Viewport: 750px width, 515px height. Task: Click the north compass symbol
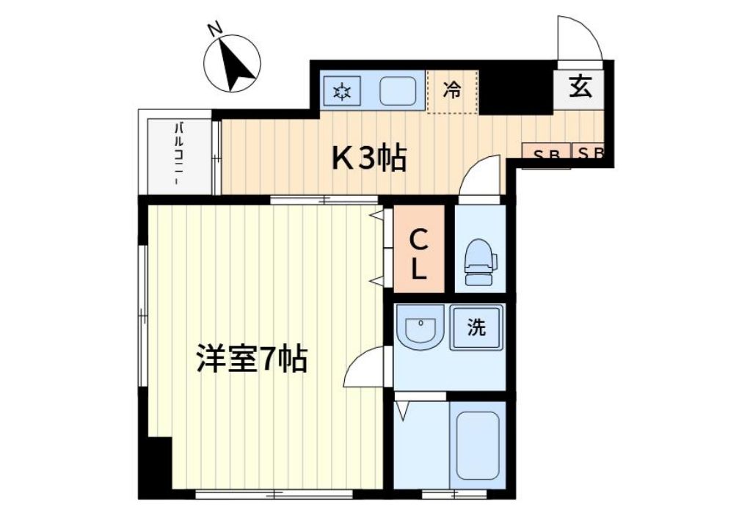(x=232, y=63)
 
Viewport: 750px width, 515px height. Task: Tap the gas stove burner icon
(x=341, y=91)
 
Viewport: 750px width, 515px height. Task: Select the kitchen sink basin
(x=397, y=91)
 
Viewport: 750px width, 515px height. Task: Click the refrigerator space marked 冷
(x=452, y=91)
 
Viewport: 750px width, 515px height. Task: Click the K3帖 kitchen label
(x=369, y=158)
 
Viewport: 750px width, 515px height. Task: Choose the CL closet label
(x=418, y=255)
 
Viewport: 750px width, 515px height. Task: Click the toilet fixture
(x=480, y=262)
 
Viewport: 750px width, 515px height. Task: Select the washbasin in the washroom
(x=420, y=326)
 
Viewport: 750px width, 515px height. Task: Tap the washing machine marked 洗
(x=476, y=327)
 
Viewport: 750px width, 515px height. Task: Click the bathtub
(x=477, y=445)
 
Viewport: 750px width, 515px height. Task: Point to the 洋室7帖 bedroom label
(x=252, y=359)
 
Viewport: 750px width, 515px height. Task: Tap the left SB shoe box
(x=546, y=154)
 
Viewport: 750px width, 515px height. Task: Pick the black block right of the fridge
(x=517, y=90)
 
